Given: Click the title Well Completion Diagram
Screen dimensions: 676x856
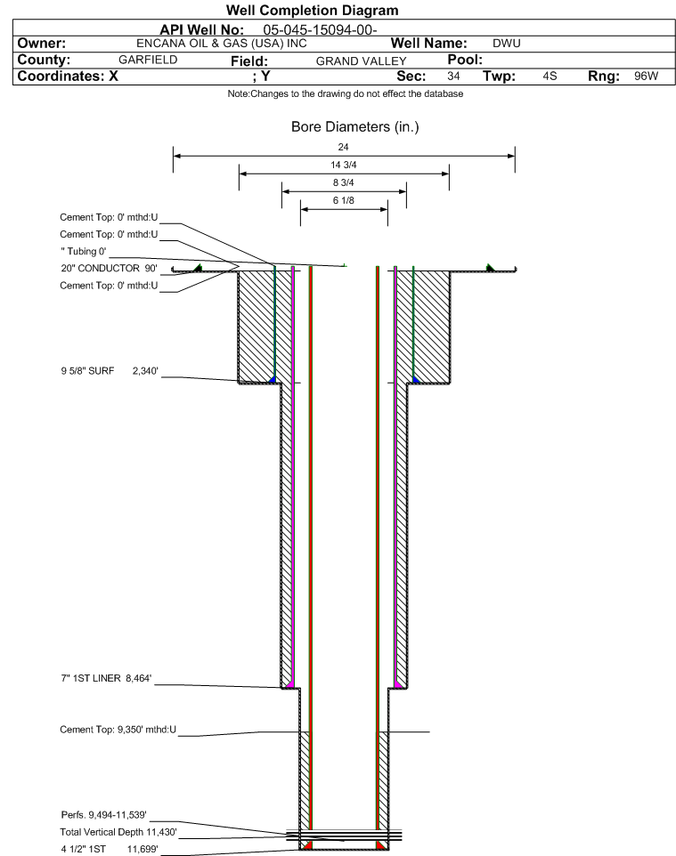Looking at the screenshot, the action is point(312,11).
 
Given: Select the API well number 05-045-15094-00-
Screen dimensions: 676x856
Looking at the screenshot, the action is point(321,30).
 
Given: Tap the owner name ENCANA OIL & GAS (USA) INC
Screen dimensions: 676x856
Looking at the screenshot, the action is point(222,44).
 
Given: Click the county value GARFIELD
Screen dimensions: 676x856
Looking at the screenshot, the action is point(148,60).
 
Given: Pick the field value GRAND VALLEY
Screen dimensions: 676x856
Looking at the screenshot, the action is point(362,61).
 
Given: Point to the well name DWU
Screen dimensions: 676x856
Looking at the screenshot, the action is point(507,44).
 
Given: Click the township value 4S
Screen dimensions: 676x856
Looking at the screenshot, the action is point(550,76).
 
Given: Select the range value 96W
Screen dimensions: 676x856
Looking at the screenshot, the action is point(647,76).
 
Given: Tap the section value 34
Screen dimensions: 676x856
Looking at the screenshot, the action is point(453,76).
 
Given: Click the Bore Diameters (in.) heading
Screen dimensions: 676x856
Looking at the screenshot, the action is point(354,127).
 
